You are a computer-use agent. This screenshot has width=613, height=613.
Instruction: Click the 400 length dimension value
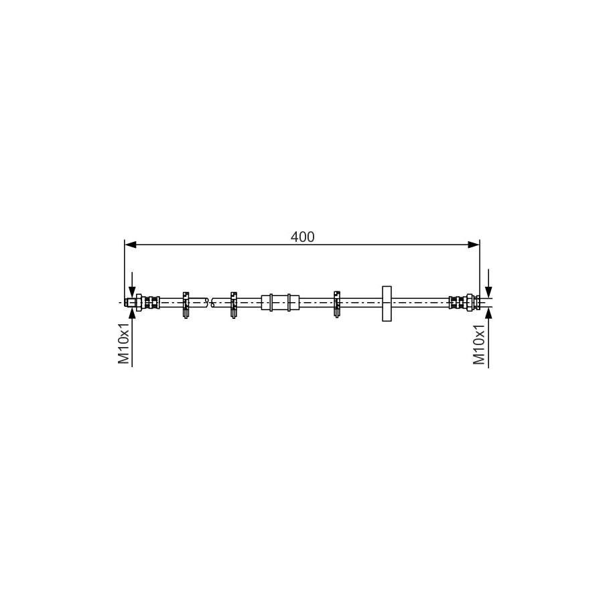(x=302, y=237)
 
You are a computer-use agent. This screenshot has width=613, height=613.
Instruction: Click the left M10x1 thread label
(x=124, y=344)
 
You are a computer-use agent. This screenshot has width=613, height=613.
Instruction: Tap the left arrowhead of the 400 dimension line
(x=130, y=245)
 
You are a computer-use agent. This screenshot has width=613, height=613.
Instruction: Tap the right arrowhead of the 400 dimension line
(x=474, y=245)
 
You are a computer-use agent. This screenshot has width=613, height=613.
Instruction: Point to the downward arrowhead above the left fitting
(x=132, y=291)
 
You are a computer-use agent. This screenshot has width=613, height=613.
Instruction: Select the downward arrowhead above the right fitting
(x=488, y=291)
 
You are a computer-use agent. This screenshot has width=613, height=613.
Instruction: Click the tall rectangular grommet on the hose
(x=387, y=303)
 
